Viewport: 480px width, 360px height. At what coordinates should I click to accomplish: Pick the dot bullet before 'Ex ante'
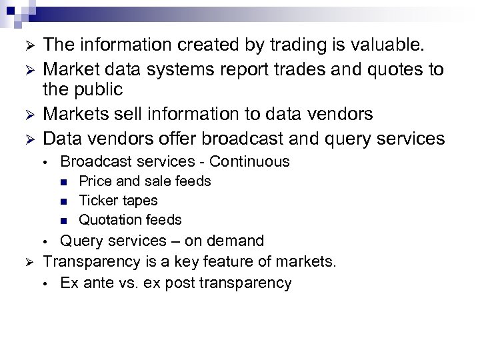[44, 283]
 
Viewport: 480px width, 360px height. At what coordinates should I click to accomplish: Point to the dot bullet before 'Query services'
[44, 240]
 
